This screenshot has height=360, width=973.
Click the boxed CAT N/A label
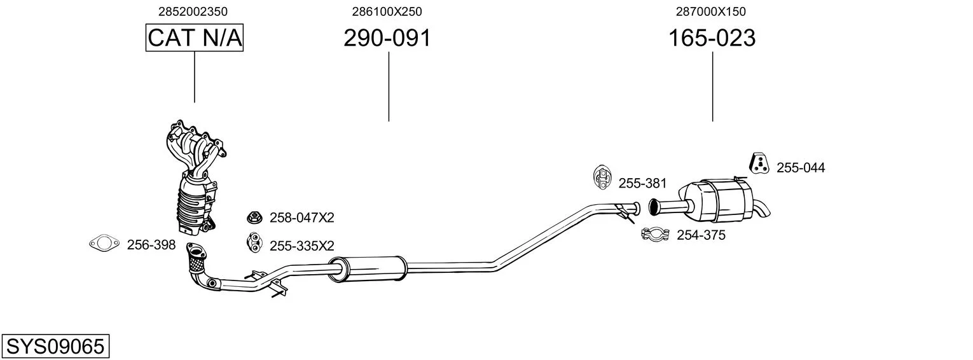[x=194, y=38]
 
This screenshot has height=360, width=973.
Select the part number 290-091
[x=387, y=38]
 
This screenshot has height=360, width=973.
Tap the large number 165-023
[x=712, y=38]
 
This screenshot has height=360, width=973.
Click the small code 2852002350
[x=193, y=11]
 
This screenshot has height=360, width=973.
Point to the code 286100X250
[x=387, y=11]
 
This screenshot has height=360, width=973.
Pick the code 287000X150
[x=710, y=11]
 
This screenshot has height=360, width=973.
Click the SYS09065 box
[x=55, y=346]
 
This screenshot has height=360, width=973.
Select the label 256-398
[x=151, y=245]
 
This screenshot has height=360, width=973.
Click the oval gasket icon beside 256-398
[x=104, y=244]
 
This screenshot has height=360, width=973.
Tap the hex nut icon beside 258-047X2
[x=254, y=217]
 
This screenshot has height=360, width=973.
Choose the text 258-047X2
[x=302, y=218]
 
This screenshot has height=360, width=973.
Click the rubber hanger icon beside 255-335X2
[x=254, y=242]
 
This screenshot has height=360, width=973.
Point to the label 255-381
[x=642, y=183]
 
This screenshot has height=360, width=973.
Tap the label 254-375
[x=701, y=235]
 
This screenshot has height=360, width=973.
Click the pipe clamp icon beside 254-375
[x=656, y=234]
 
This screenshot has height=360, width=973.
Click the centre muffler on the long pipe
[x=367, y=269]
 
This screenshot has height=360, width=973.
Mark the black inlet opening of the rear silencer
[x=653, y=207]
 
